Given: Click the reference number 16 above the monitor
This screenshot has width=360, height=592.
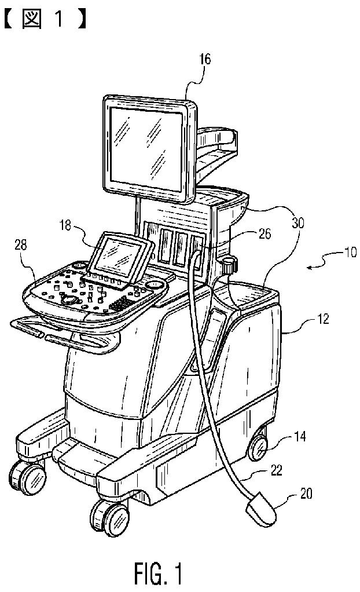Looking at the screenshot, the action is [x=189, y=59].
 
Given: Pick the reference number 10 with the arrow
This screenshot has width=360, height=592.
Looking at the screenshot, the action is [x=350, y=253].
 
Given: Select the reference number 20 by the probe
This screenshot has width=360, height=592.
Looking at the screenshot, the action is [x=306, y=494].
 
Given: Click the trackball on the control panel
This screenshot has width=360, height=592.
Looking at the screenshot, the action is [x=71, y=299].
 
